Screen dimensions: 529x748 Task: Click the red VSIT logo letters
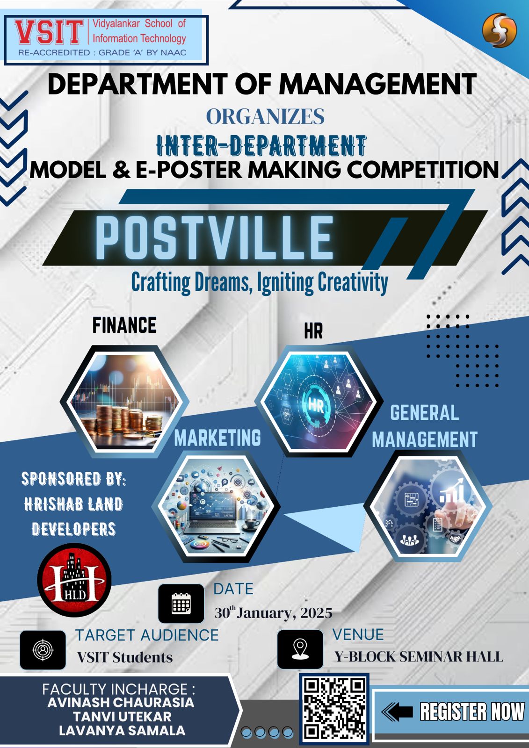[x=49, y=33]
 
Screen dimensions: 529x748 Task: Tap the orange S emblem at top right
[x=499, y=30]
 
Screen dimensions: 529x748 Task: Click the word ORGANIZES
[x=265, y=116]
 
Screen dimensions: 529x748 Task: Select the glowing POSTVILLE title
[x=215, y=237]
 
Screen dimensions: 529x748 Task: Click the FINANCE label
[x=124, y=325]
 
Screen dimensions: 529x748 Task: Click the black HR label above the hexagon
[x=313, y=331]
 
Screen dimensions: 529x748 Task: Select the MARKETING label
[x=217, y=438]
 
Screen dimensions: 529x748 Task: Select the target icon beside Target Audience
[x=43, y=650]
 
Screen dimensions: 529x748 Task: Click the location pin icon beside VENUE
[x=300, y=649]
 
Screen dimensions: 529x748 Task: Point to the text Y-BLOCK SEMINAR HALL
[x=419, y=656]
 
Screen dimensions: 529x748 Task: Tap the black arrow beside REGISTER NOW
[x=398, y=711]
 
